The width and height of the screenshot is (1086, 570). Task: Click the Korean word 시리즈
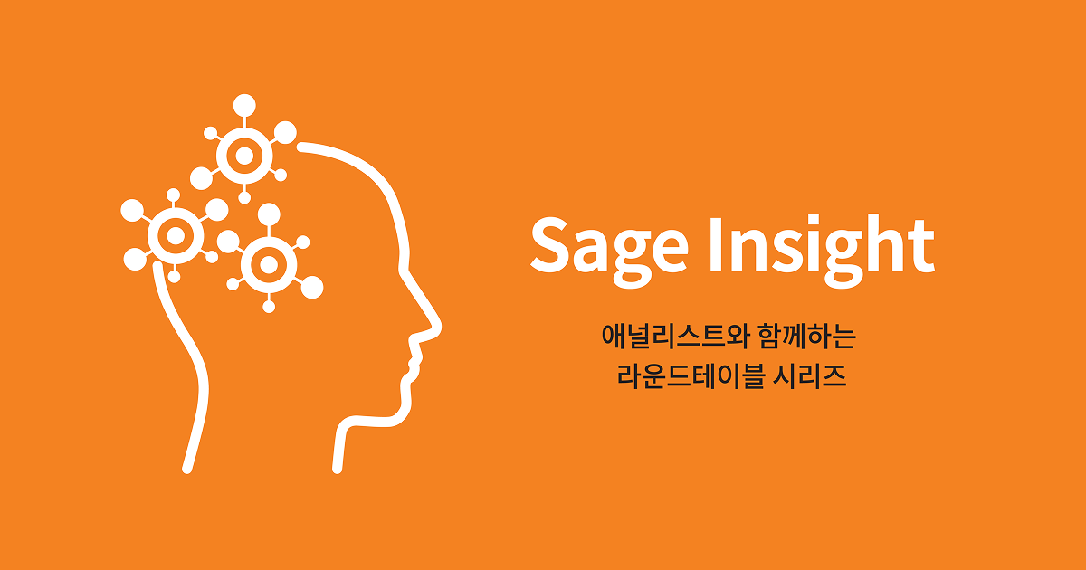[810, 375]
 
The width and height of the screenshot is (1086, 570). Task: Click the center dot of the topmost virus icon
[244, 156]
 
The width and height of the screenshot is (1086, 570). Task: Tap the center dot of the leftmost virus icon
[175, 236]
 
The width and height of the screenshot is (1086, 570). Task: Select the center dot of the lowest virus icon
[269, 264]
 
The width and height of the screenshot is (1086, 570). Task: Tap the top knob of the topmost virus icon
[244, 105]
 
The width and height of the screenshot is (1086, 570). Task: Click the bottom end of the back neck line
[187, 469]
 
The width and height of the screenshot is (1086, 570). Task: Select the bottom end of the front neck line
[338, 469]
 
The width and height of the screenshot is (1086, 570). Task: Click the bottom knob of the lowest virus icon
[269, 307]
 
